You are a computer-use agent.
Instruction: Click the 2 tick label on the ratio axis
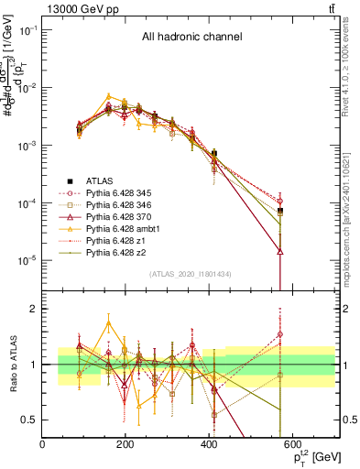(35, 309)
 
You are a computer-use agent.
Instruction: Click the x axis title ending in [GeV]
(311, 457)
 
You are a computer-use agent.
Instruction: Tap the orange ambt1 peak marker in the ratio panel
(110, 322)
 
